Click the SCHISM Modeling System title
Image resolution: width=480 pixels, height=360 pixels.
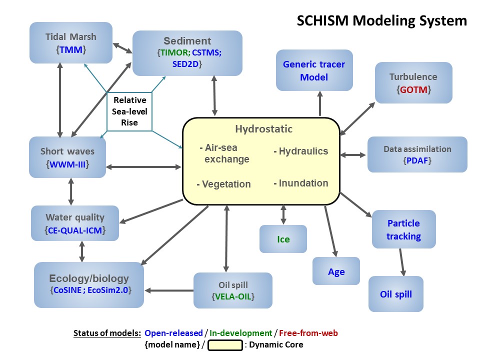tap(381, 20)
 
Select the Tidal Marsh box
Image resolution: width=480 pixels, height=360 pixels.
tap(70, 42)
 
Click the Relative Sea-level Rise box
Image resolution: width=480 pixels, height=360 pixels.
tap(129, 111)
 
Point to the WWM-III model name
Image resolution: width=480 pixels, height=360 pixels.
tap(67, 163)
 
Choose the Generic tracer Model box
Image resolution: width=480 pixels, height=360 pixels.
tap(314, 70)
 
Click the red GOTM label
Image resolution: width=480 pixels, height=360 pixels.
tap(413, 90)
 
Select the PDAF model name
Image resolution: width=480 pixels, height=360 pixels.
tap(417, 160)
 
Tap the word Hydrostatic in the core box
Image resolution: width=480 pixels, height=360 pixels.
tap(263, 129)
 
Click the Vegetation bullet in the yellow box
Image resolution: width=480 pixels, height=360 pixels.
tap(224, 184)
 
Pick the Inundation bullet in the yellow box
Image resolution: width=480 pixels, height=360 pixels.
tap(301, 183)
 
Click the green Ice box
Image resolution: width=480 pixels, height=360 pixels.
tap(283, 239)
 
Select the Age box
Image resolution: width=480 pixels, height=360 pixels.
tap(336, 271)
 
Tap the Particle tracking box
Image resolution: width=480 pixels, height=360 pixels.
tap(403, 229)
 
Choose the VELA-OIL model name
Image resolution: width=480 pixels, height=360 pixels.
tap(233, 297)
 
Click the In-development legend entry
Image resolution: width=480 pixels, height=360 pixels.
tap(240, 333)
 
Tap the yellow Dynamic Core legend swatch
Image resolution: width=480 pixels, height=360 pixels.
tap(225, 345)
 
